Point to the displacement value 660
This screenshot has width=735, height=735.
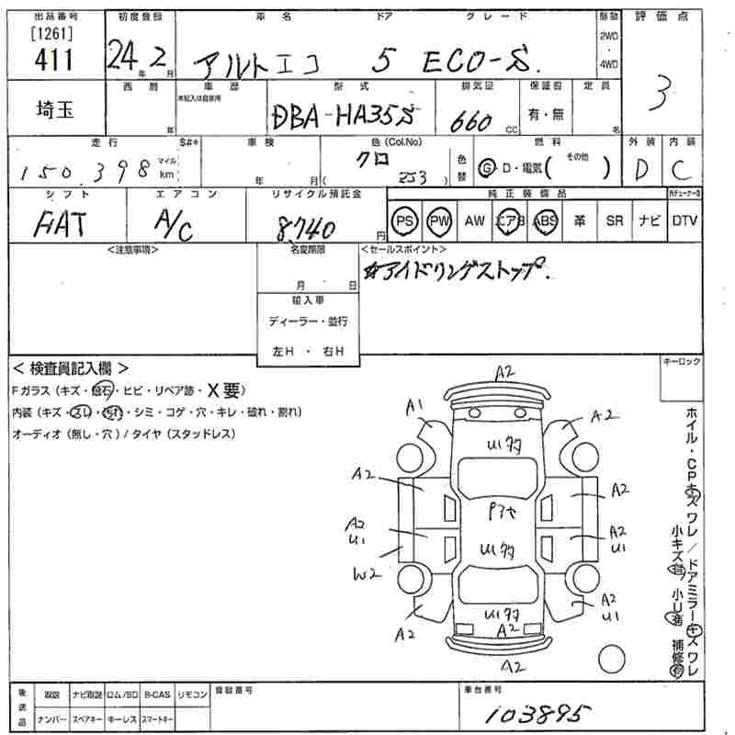pos(469,120)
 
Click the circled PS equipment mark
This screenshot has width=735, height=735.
pos(403,220)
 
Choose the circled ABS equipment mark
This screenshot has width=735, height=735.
pos(546,220)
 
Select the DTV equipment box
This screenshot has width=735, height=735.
pos(684,220)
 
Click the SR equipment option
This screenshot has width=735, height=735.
pos(615,220)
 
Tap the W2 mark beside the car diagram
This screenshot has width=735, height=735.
pos(366,574)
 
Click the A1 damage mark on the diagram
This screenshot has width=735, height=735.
pos(414,404)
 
